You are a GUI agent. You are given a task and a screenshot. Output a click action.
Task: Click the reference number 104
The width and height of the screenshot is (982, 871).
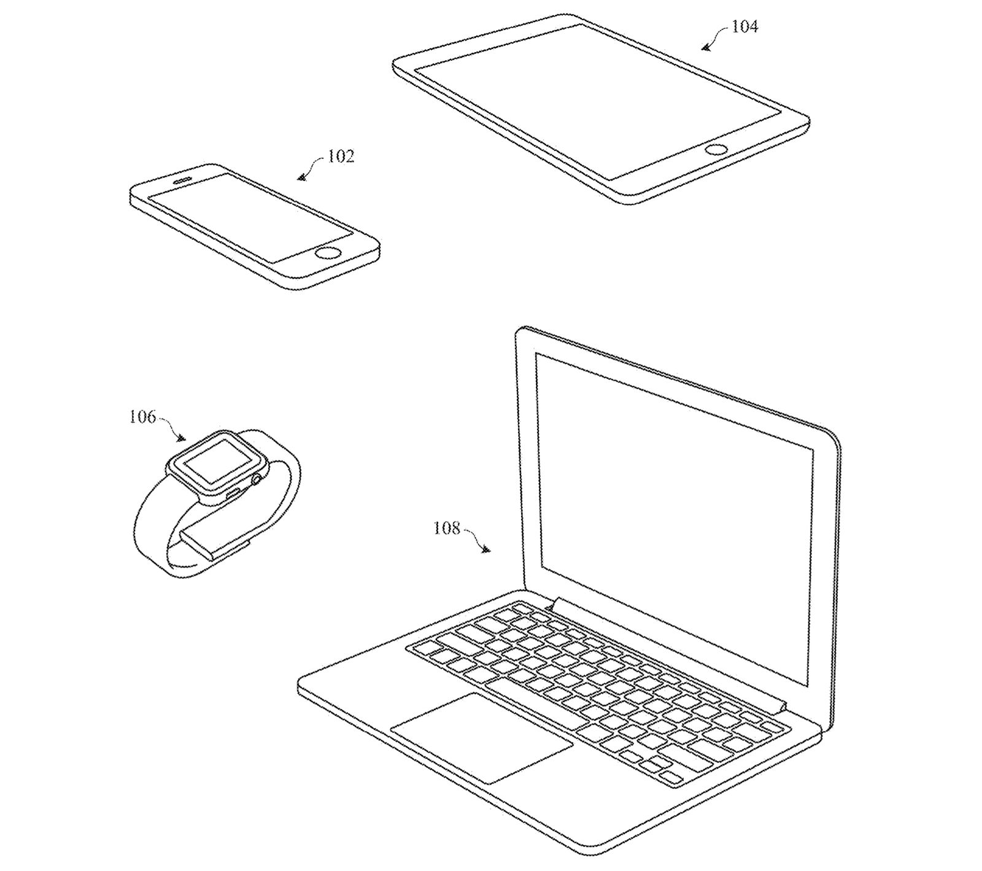744,26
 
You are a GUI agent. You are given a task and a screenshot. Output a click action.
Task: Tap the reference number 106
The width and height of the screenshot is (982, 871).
142,417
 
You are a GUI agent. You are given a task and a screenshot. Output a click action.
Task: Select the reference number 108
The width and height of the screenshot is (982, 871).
447,527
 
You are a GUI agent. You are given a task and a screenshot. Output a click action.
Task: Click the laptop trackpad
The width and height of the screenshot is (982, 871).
482,736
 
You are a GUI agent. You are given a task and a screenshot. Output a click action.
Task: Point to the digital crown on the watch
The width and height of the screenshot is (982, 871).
258,478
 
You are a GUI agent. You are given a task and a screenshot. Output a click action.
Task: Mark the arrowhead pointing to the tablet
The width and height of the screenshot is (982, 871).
705,47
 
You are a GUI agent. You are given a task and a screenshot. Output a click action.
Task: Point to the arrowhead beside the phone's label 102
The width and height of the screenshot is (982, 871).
300,178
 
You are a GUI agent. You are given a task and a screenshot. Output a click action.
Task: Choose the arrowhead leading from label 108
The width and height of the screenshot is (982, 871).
487,551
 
